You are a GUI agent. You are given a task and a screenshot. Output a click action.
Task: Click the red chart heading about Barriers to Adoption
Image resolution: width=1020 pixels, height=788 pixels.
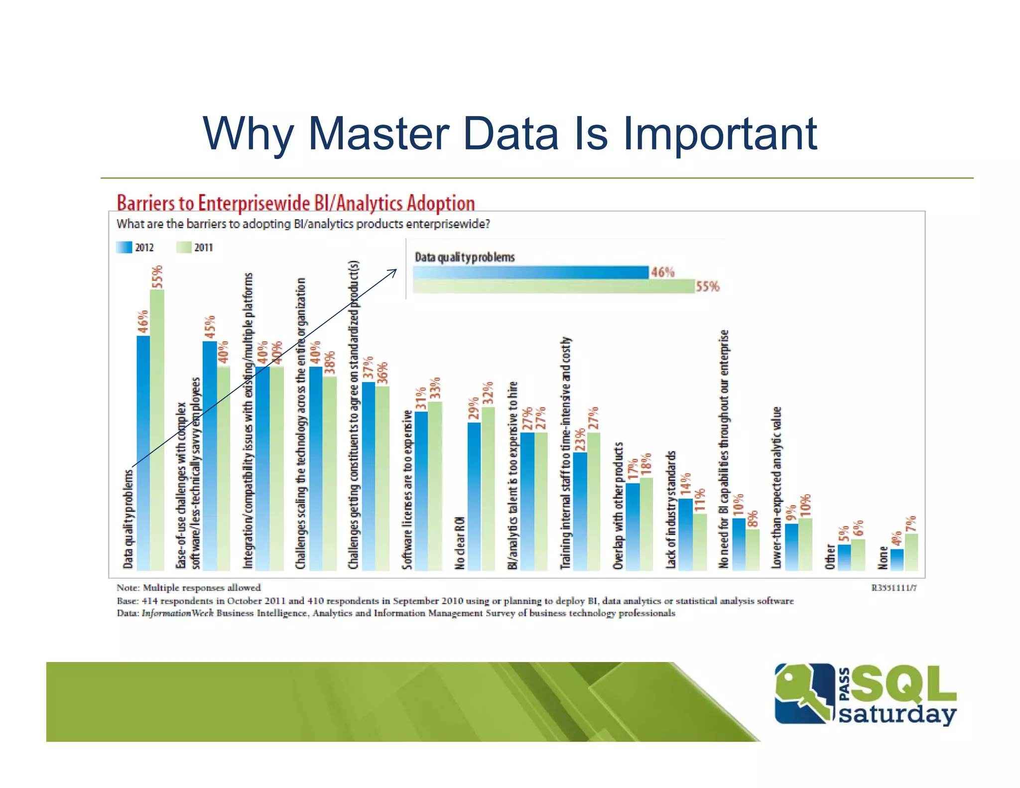click(x=295, y=203)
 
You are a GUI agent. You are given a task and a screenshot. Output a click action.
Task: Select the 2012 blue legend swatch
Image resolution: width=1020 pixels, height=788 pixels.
click(x=124, y=248)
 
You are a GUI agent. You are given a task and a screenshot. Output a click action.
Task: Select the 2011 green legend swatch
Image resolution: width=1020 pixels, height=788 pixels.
click(x=184, y=248)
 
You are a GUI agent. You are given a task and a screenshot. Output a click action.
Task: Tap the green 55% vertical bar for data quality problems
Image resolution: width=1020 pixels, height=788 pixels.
click(x=157, y=428)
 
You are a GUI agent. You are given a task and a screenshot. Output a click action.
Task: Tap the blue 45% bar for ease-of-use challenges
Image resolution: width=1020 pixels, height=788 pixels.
click(x=210, y=456)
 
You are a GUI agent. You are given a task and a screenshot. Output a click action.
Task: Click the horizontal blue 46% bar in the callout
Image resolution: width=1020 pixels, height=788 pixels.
click(x=531, y=272)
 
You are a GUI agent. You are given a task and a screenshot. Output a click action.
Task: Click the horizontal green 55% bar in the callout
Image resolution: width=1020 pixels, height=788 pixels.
click(x=553, y=286)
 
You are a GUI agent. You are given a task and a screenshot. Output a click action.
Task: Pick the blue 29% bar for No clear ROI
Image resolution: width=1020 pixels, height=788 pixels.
click(x=474, y=496)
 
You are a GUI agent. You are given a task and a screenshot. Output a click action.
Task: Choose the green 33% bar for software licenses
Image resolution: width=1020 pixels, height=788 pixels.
click(x=435, y=486)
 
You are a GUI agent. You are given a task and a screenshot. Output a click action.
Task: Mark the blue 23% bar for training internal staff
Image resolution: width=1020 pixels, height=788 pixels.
click(x=580, y=511)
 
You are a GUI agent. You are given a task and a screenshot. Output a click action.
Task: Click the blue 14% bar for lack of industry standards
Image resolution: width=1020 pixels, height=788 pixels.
click(x=685, y=534)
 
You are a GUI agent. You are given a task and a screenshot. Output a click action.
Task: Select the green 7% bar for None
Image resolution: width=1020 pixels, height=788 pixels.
click(x=911, y=552)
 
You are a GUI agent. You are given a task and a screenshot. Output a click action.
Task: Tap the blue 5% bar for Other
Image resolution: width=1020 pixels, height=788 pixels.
click(x=844, y=557)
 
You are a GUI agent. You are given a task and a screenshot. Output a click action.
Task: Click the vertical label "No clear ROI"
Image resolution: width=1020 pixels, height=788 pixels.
click(x=460, y=543)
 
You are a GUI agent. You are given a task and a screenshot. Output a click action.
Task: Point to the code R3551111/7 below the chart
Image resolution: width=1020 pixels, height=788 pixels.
click(x=894, y=588)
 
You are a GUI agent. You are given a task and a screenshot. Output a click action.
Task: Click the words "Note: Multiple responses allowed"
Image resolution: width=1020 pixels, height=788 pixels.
click(x=188, y=588)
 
